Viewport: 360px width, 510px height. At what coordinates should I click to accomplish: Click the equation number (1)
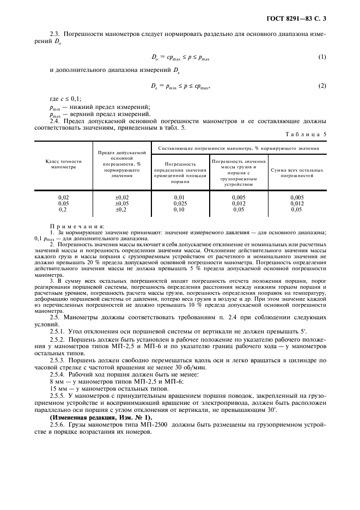322,57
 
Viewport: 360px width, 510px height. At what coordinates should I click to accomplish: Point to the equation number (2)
322,86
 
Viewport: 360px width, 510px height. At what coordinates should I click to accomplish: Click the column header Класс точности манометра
63,164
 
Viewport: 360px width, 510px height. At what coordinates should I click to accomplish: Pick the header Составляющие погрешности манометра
239,148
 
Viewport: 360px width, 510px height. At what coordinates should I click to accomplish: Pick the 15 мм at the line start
56,390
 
